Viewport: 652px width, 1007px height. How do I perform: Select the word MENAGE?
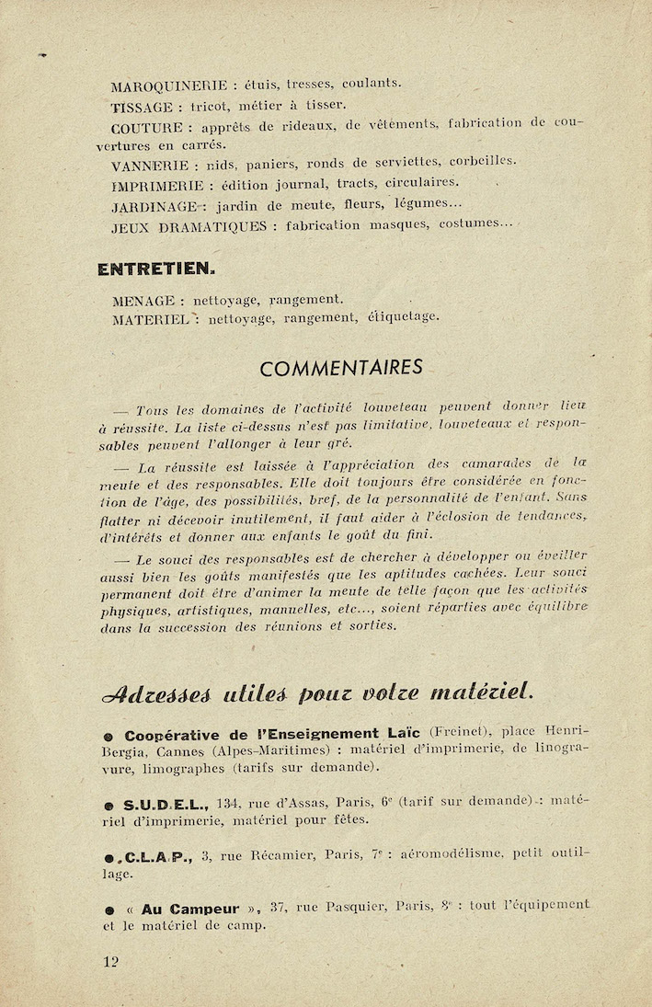point(143,300)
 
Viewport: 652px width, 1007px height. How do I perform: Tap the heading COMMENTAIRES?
point(341,368)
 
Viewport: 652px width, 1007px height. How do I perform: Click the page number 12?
point(111,962)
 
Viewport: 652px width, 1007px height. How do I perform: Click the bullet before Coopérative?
point(109,737)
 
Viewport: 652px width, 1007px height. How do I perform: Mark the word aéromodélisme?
point(452,854)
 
